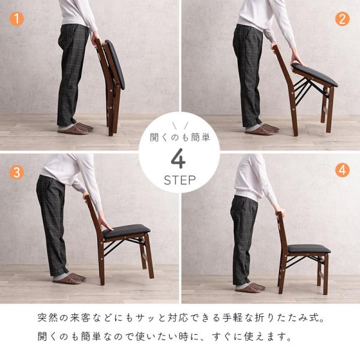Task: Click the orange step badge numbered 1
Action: point(17,19)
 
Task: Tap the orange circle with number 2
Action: point(342,19)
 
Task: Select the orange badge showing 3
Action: point(17,172)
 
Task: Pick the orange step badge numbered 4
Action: point(342,170)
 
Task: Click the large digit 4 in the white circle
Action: point(178,158)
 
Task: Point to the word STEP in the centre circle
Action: point(180,180)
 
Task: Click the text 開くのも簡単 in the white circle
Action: point(180,137)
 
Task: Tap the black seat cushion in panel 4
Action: point(309,248)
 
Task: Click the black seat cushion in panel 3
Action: point(126,230)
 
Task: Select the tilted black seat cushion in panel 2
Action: point(314,74)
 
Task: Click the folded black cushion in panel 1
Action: point(115,64)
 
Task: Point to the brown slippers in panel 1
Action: point(76,128)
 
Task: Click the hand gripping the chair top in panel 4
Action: point(280,211)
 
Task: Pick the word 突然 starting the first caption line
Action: point(48,318)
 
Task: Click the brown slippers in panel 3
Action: point(70,278)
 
